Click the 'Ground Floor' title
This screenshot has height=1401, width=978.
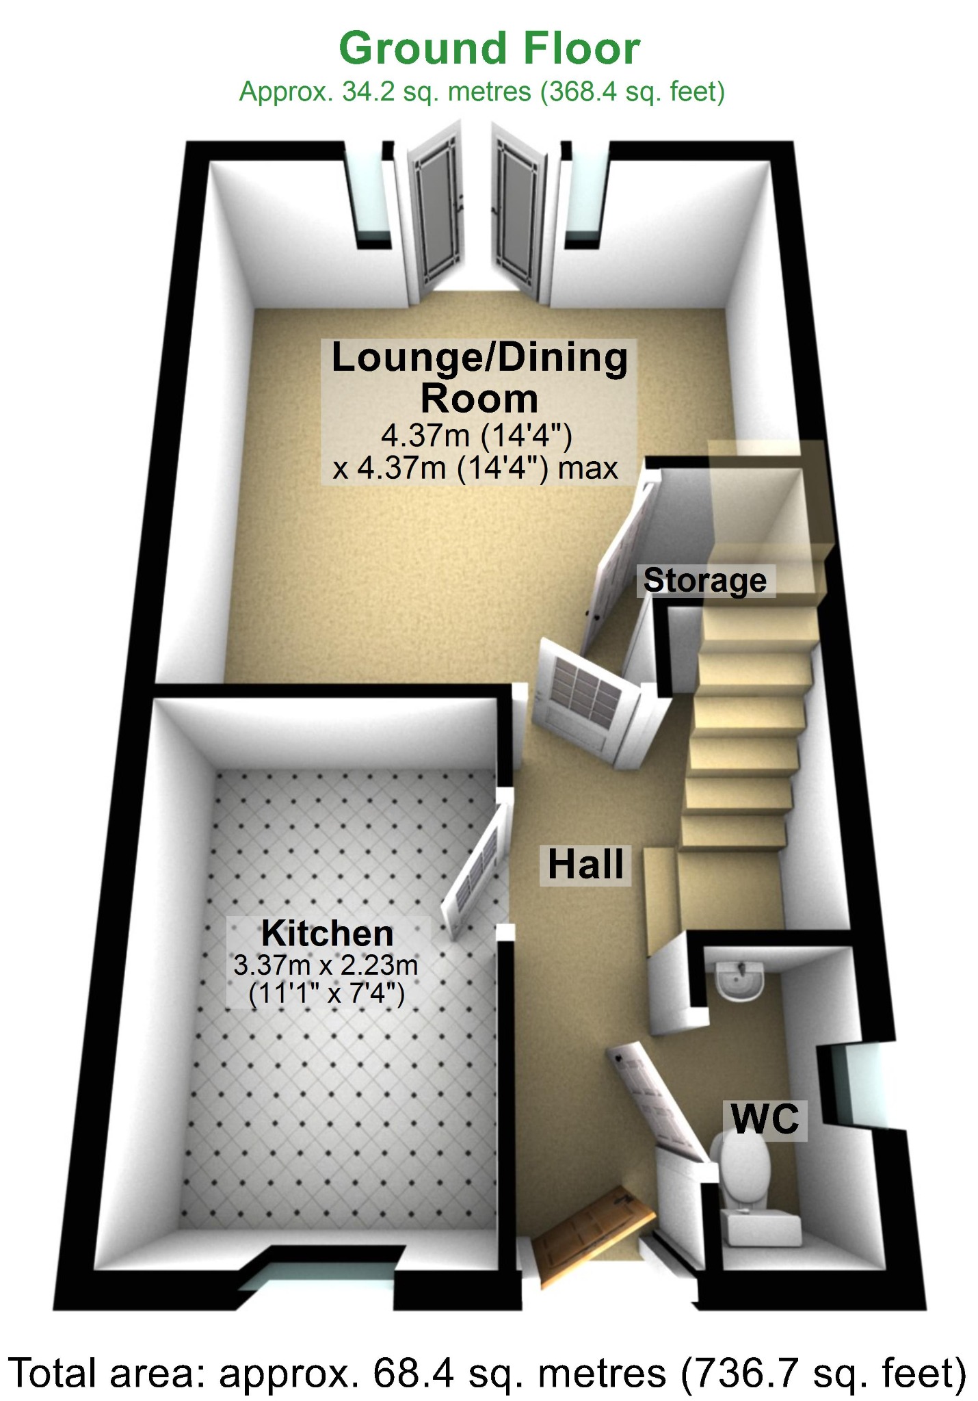[x=489, y=49]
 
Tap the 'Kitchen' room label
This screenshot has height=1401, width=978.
[x=328, y=934]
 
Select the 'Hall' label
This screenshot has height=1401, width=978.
[x=585, y=865]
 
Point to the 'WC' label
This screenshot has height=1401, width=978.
[x=765, y=1119]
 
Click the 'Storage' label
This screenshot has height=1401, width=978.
[x=705, y=581]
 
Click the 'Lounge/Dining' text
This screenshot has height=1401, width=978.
[x=479, y=358]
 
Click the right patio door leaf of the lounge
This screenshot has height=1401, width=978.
[x=519, y=215]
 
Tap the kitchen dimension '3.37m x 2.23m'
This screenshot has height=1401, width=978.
[x=326, y=966]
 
